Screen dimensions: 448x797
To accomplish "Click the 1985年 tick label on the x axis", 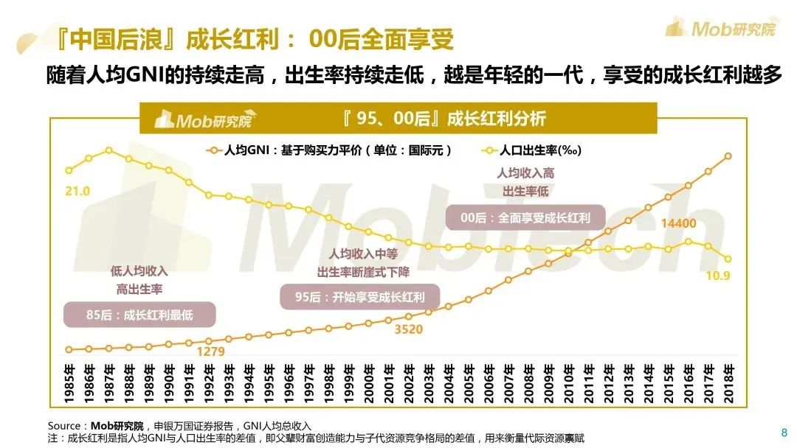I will (x=69, y=382).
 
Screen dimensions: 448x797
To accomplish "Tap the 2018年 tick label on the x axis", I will (x=728, y=382).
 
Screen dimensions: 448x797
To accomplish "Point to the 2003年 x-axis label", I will (x=428, y=382).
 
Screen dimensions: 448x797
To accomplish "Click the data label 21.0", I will (x=77, y=192).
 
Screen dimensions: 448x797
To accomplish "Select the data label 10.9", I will (x=718, y=276).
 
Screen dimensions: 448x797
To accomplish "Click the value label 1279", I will (x=210, y=351).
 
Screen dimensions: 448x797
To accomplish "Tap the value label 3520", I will (x=408, y=329).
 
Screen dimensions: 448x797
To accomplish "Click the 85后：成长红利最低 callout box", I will (x=139, y=315).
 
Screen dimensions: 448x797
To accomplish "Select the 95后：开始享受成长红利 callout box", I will (x=360, y=297).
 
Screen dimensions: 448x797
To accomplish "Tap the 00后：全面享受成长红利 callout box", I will (x=525, y=218).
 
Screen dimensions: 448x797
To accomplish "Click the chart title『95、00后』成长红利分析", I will (x=444, y=119).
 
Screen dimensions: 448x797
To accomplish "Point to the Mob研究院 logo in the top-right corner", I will (x=720, y=28).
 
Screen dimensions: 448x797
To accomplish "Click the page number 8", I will (x=783, y=432).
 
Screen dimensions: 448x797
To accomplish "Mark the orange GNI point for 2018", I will (x=728, y=156).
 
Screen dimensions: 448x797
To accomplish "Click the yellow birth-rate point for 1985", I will (x=69, y=170).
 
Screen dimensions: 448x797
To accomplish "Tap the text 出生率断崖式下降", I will (x=363, y=273).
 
